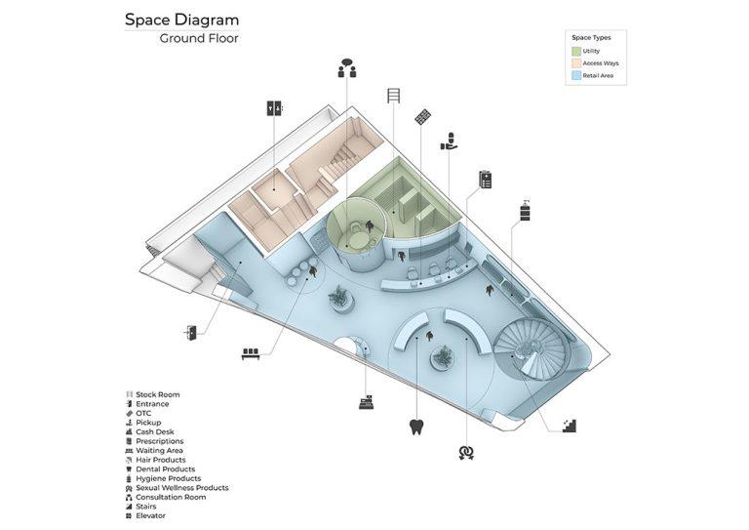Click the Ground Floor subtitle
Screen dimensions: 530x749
pyautogui.click(x=199, y=39)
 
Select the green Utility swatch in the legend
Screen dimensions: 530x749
pyautogui.click(x=575, y=50)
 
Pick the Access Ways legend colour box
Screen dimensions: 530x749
pyautogui.click(x=575, y=62)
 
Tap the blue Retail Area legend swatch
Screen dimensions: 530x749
pyautogui.click(x=575, y=75)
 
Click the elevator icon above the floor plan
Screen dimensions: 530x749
pyautogui.click(x=274, y=108)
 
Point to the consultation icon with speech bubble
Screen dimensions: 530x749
pyautogui.click(x=347, y=68)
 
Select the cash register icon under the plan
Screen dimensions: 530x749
pyautogui.click(x=367, y=401)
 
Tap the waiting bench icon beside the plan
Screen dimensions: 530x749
pyautogui.click(x=250, y=354)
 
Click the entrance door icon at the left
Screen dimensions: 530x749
pyautogui.click(x=190, y=333)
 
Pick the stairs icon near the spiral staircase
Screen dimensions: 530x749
pyautogui.click(x=570, y=425)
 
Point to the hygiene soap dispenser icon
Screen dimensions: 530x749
pyautogui.click(x=525, y=209)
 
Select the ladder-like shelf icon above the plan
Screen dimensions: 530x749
pyautogui.click(x=394, y=96)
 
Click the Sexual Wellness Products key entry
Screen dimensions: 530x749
pyautogui.click(x=182, y=487)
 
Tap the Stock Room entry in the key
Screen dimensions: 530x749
pyautogui.click(x=157, y=395)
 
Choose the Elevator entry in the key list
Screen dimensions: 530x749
pyautogui.click(x=151, y=515)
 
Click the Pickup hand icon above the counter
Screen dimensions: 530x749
pyautogui.click(x=449, y=142)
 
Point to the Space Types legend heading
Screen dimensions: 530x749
pyautogui.click(x=589, y=37)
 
